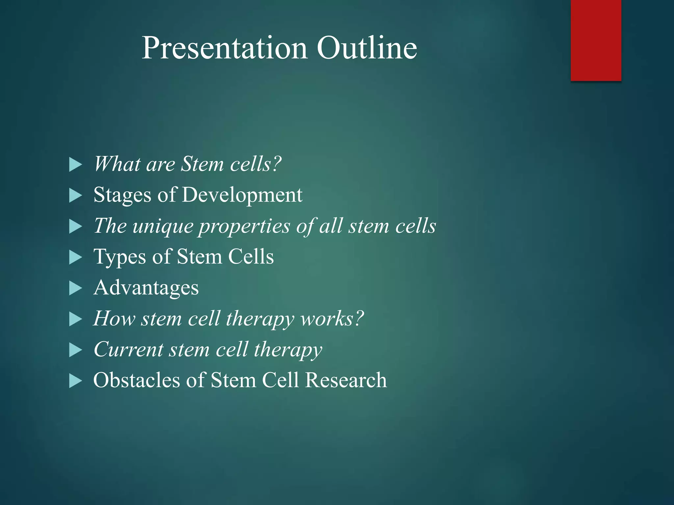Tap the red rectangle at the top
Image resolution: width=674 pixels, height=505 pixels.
(x=596, y=40)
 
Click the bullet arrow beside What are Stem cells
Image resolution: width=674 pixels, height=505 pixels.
(x=75, y=165)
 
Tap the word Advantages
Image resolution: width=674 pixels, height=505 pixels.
(x=146, y=288)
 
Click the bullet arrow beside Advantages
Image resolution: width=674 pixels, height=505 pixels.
(x=75, y=288)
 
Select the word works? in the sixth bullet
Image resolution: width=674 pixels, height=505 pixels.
(x=332, y=319)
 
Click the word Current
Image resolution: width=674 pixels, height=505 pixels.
(x=128, y=349)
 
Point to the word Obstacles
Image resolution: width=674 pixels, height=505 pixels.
(x=136, y=380)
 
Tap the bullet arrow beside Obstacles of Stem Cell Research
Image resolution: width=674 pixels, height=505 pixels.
(x=75, y=381)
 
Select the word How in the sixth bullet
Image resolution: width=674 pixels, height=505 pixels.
(x=114, y=319)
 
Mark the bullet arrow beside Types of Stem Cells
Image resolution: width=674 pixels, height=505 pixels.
(x=75, y=257)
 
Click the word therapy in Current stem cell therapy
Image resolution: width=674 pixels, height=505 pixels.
(x=288, y=350)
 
